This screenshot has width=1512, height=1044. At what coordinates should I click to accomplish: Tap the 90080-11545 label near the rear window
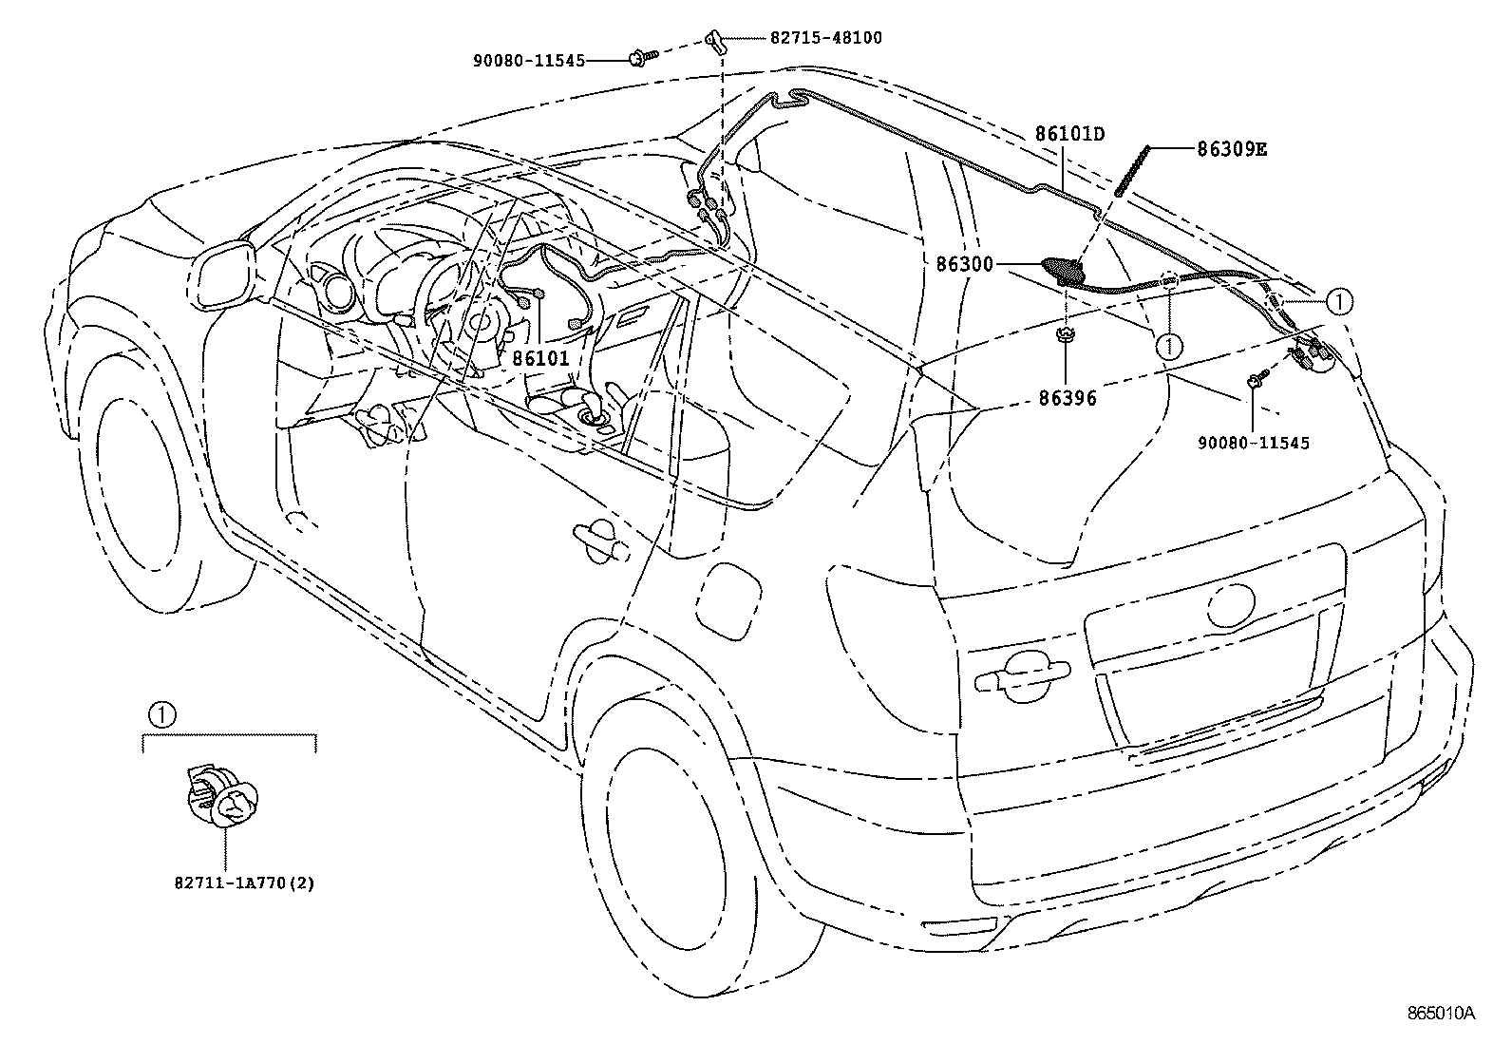[x=1253, y=443]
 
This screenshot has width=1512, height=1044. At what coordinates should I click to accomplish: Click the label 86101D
[x=1069, y=134]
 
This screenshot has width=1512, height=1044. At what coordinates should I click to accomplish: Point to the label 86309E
[x=1232, y=149]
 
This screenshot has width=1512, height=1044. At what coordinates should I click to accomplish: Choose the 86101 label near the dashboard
[x=540, y=358]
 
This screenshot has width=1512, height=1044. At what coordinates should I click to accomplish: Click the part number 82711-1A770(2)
[x=244, y=883]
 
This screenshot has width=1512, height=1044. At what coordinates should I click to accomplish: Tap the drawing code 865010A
[x=1441, y=1013]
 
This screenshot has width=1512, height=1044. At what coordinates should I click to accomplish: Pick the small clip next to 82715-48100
[x=714, y=40]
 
